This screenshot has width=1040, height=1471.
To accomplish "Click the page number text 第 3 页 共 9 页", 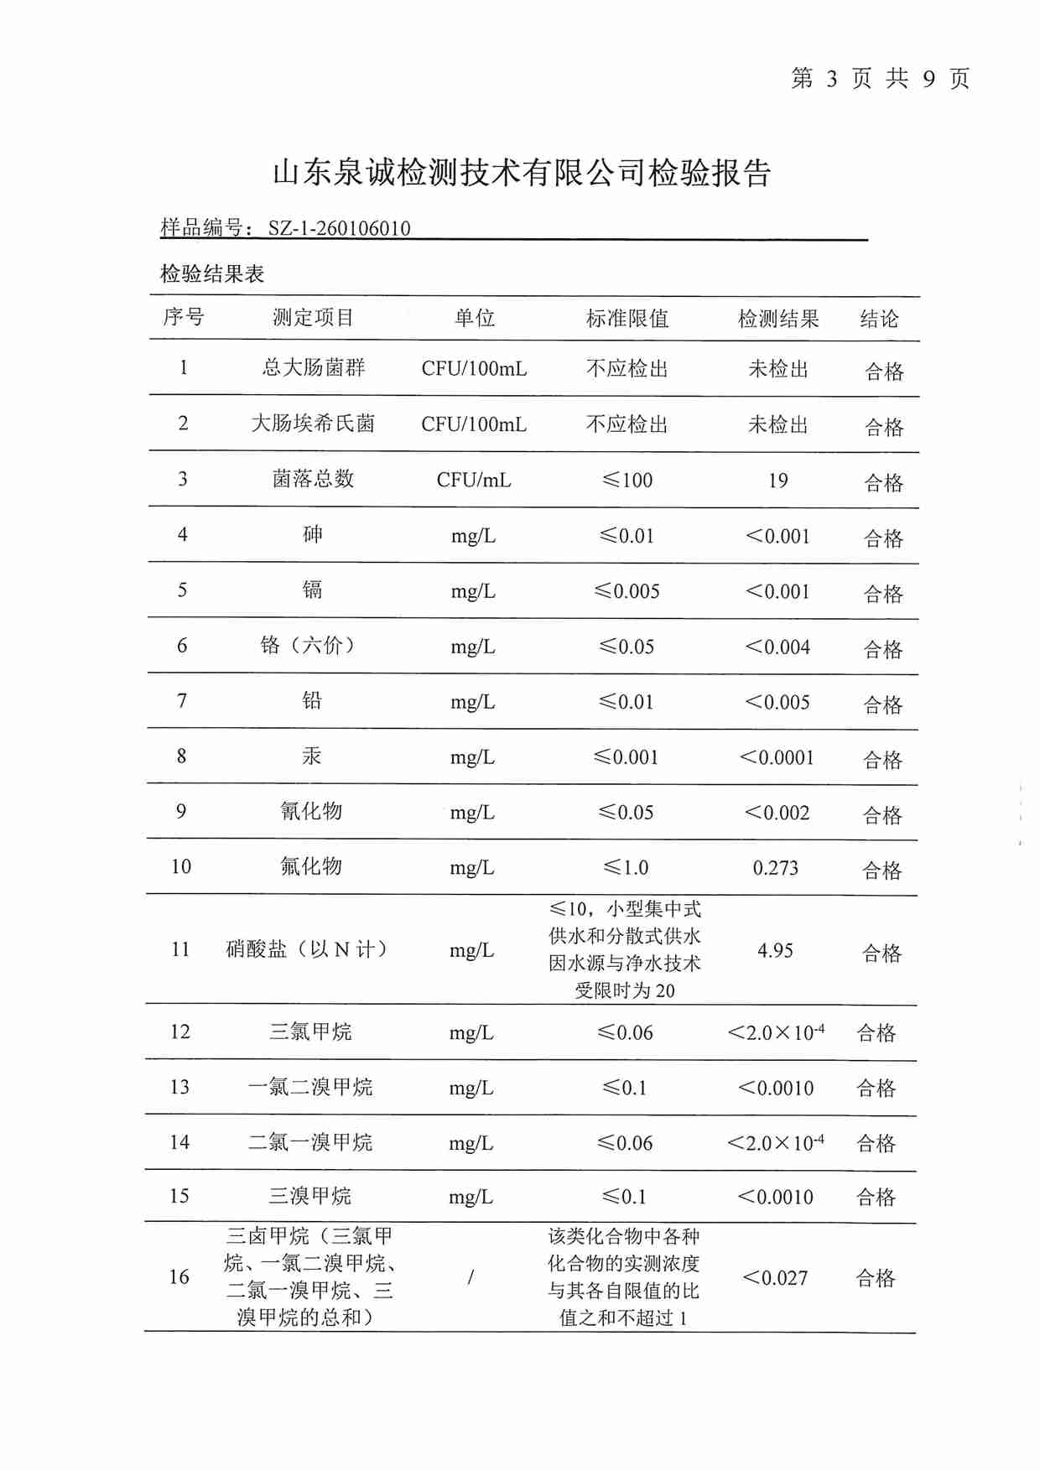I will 880,79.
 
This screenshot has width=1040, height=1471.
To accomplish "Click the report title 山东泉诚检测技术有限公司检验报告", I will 522,173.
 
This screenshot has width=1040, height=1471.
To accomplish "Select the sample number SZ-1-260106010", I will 339,228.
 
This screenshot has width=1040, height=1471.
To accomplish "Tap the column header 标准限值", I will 627,319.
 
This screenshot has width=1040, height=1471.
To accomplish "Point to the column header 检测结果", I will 777,319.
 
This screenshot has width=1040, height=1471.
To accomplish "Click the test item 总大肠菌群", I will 313,367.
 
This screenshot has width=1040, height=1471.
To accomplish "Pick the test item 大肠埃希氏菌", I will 313,424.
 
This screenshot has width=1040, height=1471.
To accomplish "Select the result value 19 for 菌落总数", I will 777,481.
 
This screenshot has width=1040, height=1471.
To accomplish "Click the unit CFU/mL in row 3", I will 474,481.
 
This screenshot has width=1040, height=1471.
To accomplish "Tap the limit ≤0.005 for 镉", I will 627,591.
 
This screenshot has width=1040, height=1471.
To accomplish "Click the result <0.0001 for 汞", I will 777,757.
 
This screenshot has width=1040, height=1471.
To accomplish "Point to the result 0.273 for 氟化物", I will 776,868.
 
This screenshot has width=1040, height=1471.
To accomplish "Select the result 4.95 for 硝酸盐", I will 775,950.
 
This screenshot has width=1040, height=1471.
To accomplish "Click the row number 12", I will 180,1032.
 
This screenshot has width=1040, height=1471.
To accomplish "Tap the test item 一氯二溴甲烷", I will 310,1087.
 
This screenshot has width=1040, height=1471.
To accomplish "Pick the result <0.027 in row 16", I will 775,1278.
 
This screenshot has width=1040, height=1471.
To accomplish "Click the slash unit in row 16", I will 471,1277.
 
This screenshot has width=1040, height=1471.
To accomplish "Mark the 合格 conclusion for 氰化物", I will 882,815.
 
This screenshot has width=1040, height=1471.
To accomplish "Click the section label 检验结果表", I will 212,273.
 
